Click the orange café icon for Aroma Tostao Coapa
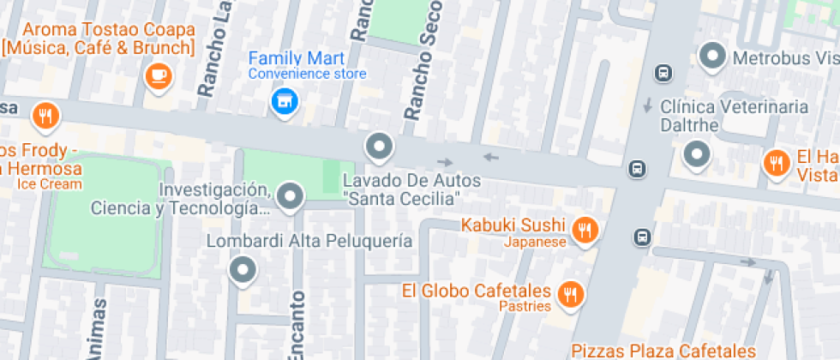pos(159,77)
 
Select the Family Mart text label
pos(296,58)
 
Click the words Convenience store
pos(307,74)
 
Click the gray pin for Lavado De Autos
pos(378,147)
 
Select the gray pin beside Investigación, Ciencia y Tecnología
pos(291,196)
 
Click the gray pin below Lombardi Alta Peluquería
pos(243,271)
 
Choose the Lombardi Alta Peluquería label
pos(309,241)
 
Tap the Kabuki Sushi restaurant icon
pos(585,229)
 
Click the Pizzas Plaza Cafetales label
pos(663,350)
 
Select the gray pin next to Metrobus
pos(711,57)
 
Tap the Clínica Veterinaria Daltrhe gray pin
pos(697,155)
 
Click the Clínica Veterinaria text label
pos(735,107)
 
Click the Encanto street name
pos(297,326)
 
